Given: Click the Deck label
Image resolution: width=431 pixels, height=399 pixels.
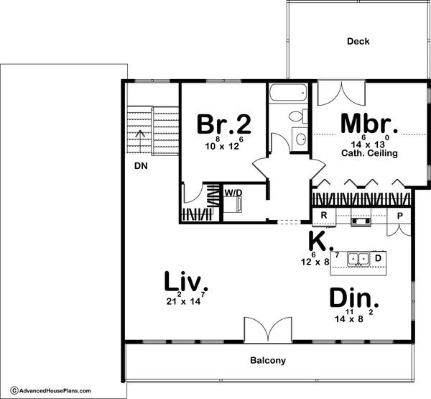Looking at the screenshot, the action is click(x=358, y=41).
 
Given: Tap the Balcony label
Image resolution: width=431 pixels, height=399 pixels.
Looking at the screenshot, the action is click(x=268, y=360).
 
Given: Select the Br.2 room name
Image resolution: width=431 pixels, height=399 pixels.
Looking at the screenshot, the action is click(x=224, y=124).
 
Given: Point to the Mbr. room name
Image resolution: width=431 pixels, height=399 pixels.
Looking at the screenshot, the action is click(x=369, y=124).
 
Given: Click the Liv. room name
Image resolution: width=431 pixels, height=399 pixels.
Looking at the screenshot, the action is click(x=186, y=281).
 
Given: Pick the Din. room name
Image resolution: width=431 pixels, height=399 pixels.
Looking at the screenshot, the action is click(x=354, y=298).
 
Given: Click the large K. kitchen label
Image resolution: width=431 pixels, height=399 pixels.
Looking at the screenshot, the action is click(x=321, y=241).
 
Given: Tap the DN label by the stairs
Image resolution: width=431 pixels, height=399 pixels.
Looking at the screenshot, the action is click(x=141, y=166).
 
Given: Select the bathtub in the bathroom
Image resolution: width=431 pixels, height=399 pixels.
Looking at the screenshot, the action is click(x=288, y=93).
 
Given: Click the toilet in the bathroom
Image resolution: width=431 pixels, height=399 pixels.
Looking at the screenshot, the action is click(x=298, y=116).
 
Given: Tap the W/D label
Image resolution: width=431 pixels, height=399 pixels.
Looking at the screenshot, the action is click(x=233, y=193).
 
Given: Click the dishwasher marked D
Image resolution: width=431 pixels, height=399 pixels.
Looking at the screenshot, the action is click(x=378, y=259).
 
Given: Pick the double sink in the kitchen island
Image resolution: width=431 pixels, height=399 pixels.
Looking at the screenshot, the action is click(x=358, y=259).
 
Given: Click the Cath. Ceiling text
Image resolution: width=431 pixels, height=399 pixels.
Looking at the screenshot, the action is click(x=369, y=153).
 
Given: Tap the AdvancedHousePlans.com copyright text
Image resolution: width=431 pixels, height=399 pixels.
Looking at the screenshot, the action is click(x=50, y=390).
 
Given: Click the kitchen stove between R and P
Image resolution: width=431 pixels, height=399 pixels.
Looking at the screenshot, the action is click(x=361, y=217).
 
